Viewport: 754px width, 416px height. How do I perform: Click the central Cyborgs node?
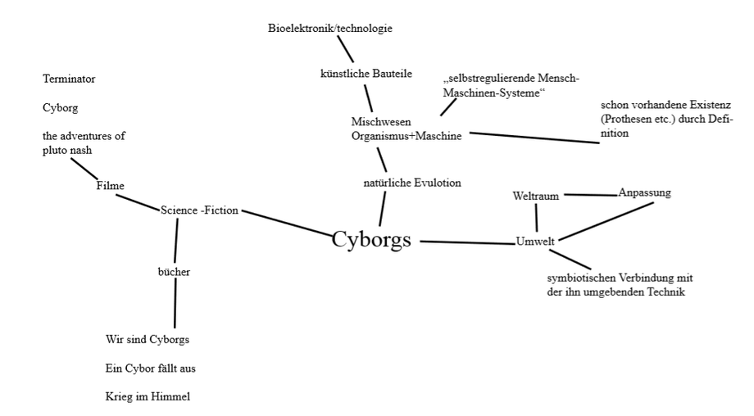[371, 239]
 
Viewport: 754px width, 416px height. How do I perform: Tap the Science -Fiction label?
[199, 210]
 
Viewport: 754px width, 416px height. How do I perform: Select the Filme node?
[110, 186]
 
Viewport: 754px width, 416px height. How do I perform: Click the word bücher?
[174, 272]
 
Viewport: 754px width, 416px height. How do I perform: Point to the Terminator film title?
[69, 79]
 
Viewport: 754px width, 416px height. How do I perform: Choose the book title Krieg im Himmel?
[148, 397]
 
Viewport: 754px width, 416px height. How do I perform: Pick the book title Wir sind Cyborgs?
[148, 339]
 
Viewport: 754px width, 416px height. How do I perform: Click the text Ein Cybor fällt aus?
[150, 369]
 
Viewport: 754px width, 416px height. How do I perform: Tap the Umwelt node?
[536, 241]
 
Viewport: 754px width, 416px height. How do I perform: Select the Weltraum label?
[535, 197]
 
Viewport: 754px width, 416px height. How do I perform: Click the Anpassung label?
[644, 193]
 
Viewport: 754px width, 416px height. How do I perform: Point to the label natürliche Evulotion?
[411, 183]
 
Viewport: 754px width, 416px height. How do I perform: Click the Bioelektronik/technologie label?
[330, 29]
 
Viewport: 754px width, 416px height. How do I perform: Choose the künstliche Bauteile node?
[366, 74]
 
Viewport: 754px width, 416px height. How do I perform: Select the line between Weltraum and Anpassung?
[590, 195]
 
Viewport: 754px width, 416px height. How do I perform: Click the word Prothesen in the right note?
[626, 120]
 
